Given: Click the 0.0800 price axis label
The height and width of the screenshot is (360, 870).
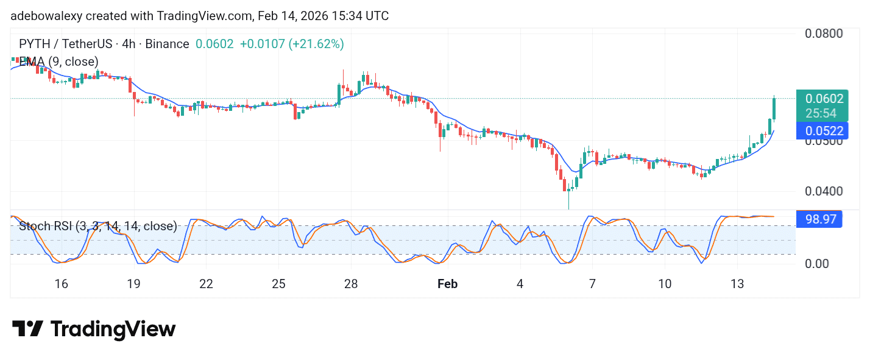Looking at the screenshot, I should pos(824,33).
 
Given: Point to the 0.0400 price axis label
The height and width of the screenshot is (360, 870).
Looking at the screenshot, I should pos(824,191).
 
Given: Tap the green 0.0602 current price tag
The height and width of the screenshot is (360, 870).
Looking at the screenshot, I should pos(824,99).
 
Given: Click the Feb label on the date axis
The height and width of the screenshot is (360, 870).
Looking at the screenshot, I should pos(448,284).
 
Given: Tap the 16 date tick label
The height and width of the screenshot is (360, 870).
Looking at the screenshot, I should pos(61,284).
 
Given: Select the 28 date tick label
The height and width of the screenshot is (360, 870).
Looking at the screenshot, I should pos(350,284).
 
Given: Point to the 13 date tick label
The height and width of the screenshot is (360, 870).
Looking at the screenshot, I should pos(737,284).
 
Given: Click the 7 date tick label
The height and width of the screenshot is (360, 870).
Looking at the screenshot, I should pos(592,284).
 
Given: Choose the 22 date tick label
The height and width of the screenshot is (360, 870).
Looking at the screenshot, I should pos(206,284).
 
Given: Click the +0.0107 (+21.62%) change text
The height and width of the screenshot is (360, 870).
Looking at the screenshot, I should pos(292,44).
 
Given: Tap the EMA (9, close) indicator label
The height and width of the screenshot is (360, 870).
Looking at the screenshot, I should pos(58,62).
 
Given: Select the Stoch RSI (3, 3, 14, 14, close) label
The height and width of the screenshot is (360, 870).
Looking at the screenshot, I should pos(97,227).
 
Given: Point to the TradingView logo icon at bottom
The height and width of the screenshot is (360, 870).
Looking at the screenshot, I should pos(27,329).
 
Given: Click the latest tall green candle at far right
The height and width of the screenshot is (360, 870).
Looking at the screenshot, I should pos(774,110).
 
